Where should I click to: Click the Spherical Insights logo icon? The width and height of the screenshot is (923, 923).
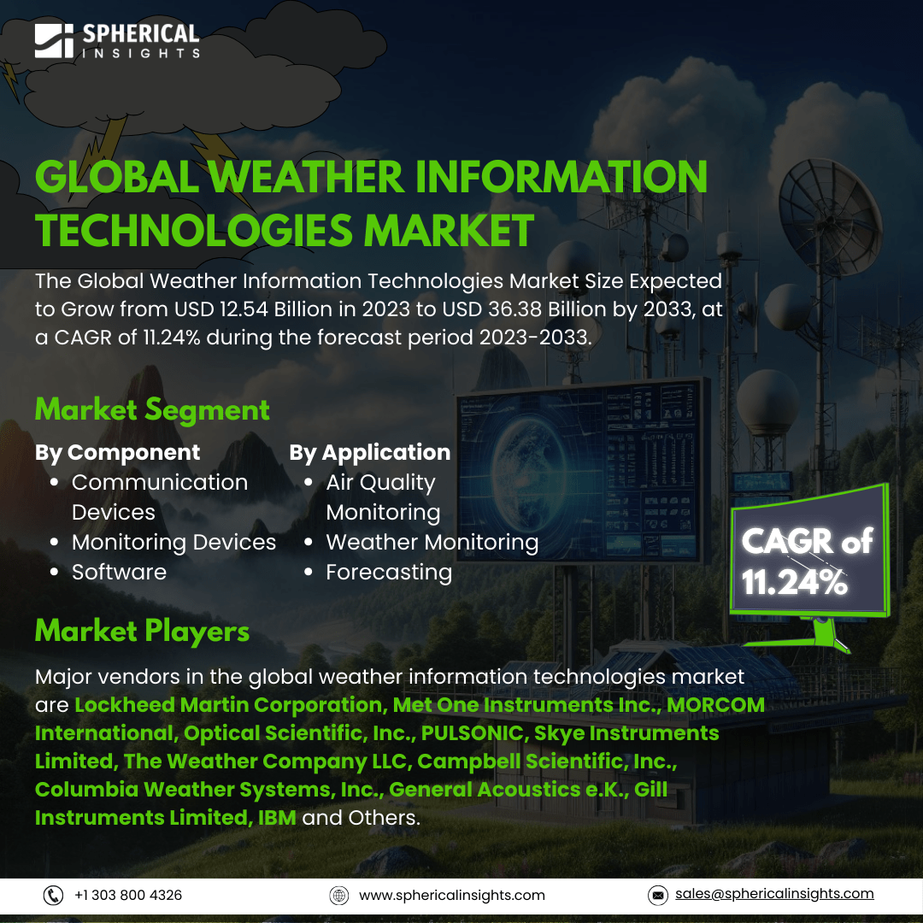54,41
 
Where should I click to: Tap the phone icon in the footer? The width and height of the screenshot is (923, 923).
54,896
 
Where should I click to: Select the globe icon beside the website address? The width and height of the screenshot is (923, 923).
339,896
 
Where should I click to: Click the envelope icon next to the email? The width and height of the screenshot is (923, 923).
657,896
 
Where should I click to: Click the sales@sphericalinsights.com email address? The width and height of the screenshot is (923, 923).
774,894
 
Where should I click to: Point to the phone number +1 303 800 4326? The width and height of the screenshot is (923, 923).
127,896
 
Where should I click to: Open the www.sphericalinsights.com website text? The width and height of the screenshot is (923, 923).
452,896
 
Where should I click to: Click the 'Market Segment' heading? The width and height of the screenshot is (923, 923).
152,409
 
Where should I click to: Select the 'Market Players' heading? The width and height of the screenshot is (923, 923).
142,631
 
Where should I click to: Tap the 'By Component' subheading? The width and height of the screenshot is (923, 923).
117,453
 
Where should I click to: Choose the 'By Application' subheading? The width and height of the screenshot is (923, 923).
370,453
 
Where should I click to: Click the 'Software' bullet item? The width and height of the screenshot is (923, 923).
119,572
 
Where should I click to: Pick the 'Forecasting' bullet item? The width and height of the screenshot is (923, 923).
389,573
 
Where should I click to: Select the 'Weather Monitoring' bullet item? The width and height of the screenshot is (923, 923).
432,543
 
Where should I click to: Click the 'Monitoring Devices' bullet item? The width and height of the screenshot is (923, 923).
173,543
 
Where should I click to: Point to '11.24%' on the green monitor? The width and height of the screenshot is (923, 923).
795,583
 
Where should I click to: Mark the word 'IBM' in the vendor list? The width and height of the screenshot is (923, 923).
277,818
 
